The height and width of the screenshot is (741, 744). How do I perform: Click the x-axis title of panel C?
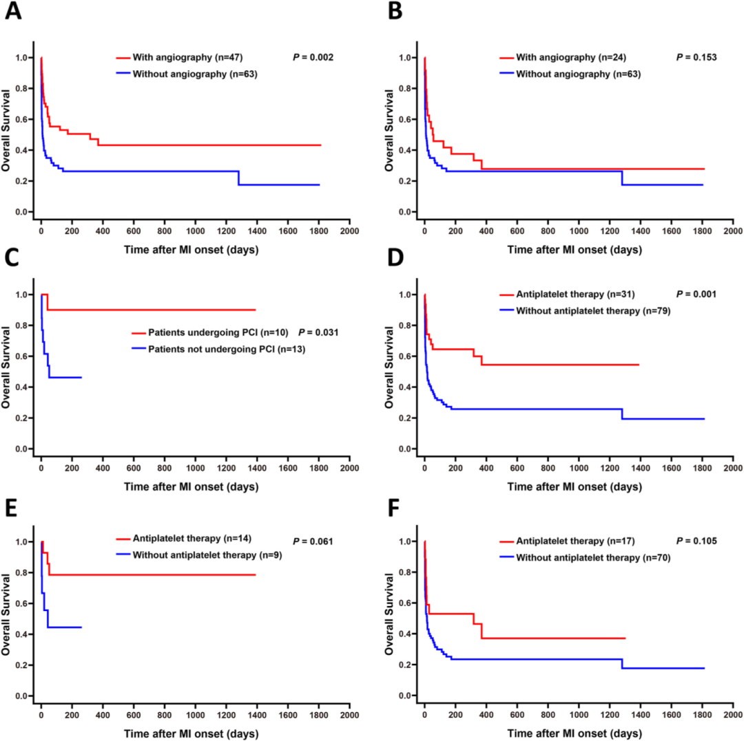192,486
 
